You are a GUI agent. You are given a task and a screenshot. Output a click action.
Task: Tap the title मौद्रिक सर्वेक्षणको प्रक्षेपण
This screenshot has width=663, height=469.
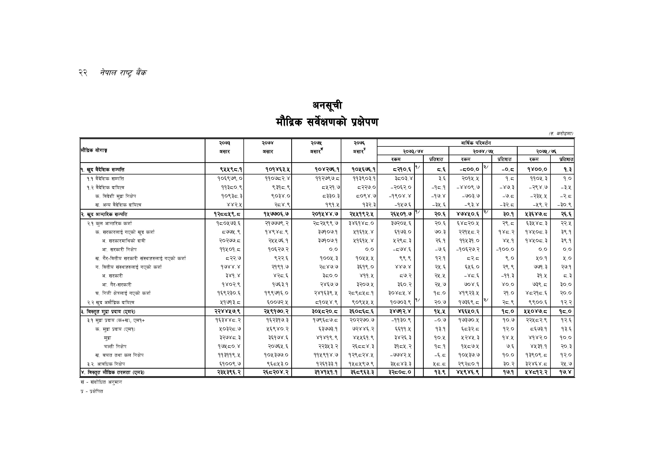(x=327, y=122)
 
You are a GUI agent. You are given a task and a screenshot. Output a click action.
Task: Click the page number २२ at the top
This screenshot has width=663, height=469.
(x=83, y=73)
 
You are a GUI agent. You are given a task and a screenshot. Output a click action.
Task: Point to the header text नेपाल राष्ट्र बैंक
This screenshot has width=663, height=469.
(x=123, y=73)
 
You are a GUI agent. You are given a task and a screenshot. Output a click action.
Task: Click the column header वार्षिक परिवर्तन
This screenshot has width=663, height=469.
(x=475, y=143)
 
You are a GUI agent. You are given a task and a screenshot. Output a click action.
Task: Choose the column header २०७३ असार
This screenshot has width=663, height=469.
(x=224, y=147)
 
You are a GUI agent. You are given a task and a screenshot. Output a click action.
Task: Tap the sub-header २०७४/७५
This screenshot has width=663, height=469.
(x=483, y=151)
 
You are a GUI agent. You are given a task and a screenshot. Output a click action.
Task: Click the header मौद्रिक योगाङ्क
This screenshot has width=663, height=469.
(x=94, y=150)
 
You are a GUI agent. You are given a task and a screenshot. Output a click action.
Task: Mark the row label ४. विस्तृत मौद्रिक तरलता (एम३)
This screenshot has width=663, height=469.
(x=112, y=373)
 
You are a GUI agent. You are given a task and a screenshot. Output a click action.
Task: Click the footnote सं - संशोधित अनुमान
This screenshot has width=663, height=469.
(x=101, y=382)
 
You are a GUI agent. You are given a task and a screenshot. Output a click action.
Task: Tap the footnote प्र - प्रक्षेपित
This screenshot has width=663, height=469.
(x=92, y=391)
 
